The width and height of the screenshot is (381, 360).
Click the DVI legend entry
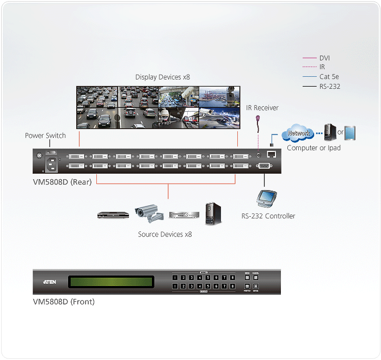(x=324, y=58)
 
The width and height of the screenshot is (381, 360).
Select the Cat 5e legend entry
(x=329, y=77)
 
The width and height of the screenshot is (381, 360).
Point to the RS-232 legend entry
(x=330, y=86)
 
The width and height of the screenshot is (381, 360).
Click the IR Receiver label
(x=262, y=108)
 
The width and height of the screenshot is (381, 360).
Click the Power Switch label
(x=45, y=136)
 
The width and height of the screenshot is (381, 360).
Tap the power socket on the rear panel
(x=53, y=162)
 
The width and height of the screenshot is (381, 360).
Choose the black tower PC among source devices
(x=213, y=214)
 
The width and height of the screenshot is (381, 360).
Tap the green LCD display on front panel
(x=110, y=282)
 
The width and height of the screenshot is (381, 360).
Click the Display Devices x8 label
(x=163, y=77)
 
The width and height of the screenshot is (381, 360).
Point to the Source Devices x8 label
(x=164, y=234)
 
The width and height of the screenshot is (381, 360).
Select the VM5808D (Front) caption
(x=64, y=302)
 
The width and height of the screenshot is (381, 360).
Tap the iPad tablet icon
(x=350, y=133)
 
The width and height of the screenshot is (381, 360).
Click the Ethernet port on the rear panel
(x=272, y=155)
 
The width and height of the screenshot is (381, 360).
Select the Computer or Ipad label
(x=314, y=148)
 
